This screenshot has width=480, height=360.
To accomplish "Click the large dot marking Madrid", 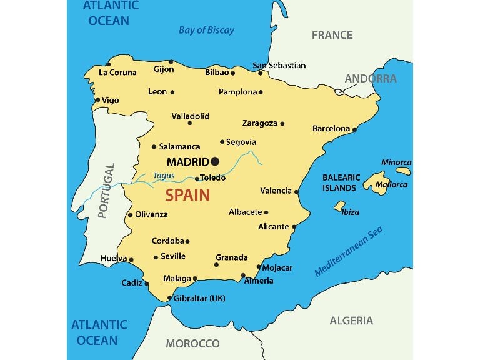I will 215,161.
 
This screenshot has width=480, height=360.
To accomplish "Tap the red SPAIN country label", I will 187,196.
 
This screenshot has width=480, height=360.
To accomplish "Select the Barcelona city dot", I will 354,130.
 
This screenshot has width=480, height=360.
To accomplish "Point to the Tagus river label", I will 164,176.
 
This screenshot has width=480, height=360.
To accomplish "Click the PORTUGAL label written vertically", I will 106,191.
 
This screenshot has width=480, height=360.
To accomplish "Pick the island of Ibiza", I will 339,205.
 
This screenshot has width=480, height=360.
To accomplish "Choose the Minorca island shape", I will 404,170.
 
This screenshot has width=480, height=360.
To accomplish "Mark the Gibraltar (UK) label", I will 199,298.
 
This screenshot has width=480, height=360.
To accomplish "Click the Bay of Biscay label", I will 206,30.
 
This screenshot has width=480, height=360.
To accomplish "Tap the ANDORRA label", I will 371,79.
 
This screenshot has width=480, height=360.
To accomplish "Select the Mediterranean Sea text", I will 348,252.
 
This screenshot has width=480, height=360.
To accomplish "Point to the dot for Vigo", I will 97,100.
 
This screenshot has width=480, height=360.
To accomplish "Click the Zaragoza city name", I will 260,123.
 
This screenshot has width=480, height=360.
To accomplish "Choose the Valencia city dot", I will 296,192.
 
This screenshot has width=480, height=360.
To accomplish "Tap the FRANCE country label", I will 332,36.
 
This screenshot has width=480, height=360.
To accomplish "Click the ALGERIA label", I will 351,321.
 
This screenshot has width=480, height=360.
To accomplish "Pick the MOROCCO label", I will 192,343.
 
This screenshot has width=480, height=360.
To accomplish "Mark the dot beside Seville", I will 156,257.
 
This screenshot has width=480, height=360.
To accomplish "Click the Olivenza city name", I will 151,214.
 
